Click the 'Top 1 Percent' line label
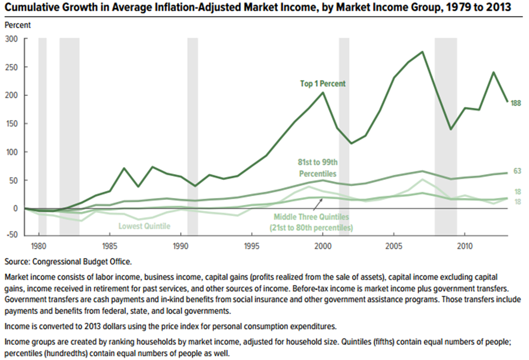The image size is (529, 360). point(323,84)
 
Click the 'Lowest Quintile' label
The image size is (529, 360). point(144,226)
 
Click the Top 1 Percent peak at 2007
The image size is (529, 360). point(422,52)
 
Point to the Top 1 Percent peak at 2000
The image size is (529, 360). point(323,93)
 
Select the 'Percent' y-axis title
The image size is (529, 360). point(18,25)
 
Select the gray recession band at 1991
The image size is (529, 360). point(193,136)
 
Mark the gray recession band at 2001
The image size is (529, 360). point(344,136)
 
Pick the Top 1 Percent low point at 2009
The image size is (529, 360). point(450,129)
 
